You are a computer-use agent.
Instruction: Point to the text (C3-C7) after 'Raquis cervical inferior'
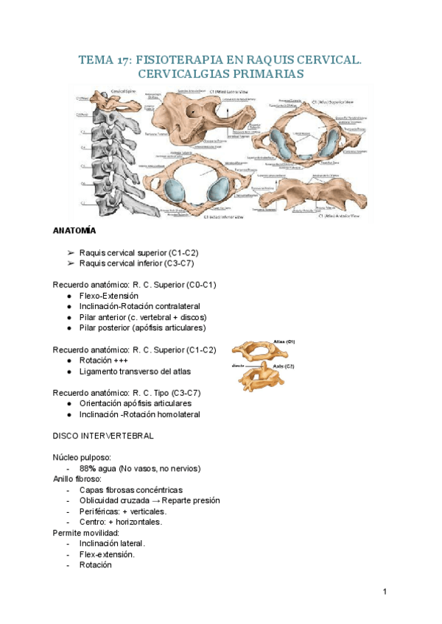[x=178, y=263]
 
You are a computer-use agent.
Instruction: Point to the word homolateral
[x=170, y=414]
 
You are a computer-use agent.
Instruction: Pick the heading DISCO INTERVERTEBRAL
[x=103, y=436]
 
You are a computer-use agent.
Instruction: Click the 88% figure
[x=88, y=468]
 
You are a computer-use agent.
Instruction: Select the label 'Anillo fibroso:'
[x=77, y=478]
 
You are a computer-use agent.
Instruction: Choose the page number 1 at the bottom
[x=385, y=592]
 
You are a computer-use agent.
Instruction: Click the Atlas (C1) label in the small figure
[x=284, y=342]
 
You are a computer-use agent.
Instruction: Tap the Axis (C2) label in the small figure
[x=283, y=366]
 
